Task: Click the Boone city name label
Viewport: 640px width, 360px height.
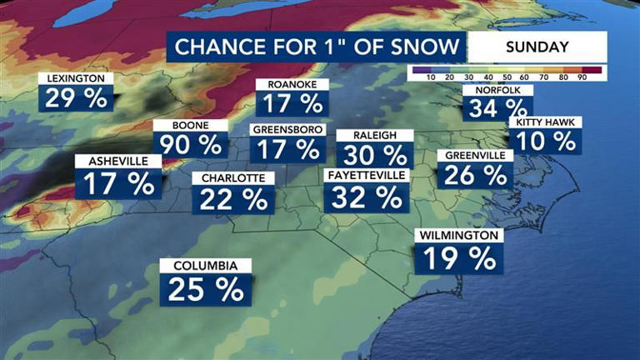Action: [x=179, y=126]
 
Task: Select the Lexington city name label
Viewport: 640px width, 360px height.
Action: [x=76, y=79]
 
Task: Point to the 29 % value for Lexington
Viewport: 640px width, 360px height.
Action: [x=76, y=99]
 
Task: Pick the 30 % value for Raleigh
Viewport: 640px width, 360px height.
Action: [x=374, y=155]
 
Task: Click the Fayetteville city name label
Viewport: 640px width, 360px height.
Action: [x=367, y=176]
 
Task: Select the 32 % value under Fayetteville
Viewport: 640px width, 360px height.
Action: [x=367, y=197]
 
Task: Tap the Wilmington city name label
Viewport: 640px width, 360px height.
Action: [x=459, y=236]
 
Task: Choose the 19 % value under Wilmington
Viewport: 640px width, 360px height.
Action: [x=459, y=258]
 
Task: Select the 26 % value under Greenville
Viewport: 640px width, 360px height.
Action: [x=474, y=175]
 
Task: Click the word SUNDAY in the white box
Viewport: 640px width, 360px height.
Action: [x=537, y=47]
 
